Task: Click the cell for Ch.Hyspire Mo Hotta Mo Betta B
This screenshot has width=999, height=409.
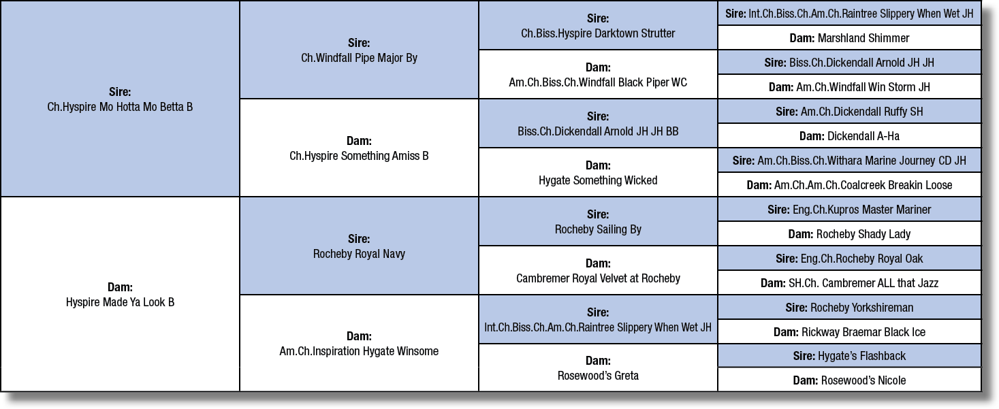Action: tap(120, 99)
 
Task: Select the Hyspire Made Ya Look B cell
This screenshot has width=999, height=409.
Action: tap(120, 294)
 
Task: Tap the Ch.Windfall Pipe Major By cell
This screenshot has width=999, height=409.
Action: tap(359, 50)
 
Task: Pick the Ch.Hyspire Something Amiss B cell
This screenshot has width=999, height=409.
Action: tap(359, 148)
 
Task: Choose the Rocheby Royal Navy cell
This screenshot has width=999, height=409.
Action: tap(359, 246)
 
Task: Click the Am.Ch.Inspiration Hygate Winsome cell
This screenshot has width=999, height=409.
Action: tap(359, 343)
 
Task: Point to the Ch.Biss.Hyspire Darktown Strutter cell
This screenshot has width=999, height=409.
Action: tap(598, 25)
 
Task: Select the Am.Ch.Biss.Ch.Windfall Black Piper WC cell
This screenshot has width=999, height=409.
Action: tap(598, 74)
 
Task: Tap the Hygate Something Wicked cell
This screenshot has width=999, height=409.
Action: tap(598, 172)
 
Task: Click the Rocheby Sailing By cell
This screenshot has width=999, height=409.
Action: tap(598, 221)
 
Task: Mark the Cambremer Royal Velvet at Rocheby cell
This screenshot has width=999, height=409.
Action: tap(598, 270)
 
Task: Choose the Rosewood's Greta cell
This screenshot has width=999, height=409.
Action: tap(598, 367)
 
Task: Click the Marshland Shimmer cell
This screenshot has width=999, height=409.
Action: tap(850, 38)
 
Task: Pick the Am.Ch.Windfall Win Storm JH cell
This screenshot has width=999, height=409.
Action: tap(850, 87)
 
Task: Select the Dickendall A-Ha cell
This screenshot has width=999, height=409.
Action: tap(850, 136)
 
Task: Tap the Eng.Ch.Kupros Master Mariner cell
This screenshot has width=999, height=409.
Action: tap(850, 210)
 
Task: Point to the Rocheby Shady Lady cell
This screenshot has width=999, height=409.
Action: tap(850, 234)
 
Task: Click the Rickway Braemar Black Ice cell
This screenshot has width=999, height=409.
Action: tap(850, 332)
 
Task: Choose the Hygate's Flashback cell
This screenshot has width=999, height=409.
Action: tap(850, 356)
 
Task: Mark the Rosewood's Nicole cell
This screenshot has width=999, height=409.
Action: tap(850, 380)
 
